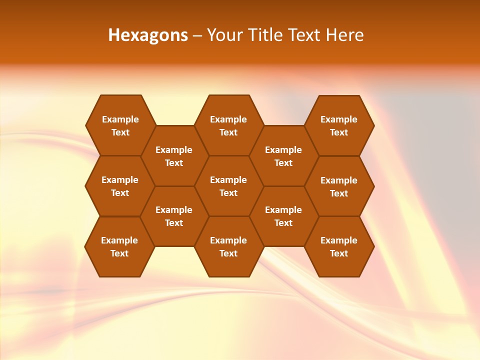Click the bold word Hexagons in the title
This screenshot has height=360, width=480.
point(148,35)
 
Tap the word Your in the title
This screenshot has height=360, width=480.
point(223,35)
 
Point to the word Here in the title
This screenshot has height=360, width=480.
point(345,35)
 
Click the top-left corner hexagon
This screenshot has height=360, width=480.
point(120,125)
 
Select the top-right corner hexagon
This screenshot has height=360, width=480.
point(339,125)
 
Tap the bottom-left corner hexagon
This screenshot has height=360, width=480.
point(119,246)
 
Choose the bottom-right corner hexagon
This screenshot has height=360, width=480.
point(339,246)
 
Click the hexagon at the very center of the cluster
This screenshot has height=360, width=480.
point(228,186)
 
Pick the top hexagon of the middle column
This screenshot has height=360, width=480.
point(228,125)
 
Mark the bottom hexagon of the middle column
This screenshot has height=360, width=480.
point(228,246)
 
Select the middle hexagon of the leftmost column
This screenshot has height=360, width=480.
point(120,186)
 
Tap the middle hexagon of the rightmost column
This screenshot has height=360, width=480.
point(339,186)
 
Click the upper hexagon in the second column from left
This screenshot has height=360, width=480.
point(174,156)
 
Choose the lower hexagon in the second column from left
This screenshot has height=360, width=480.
point(174,216)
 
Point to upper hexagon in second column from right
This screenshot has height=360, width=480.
point(283,156)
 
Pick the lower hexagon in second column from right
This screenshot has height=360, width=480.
point(283,216)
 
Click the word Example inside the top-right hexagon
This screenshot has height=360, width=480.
point(339,119)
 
